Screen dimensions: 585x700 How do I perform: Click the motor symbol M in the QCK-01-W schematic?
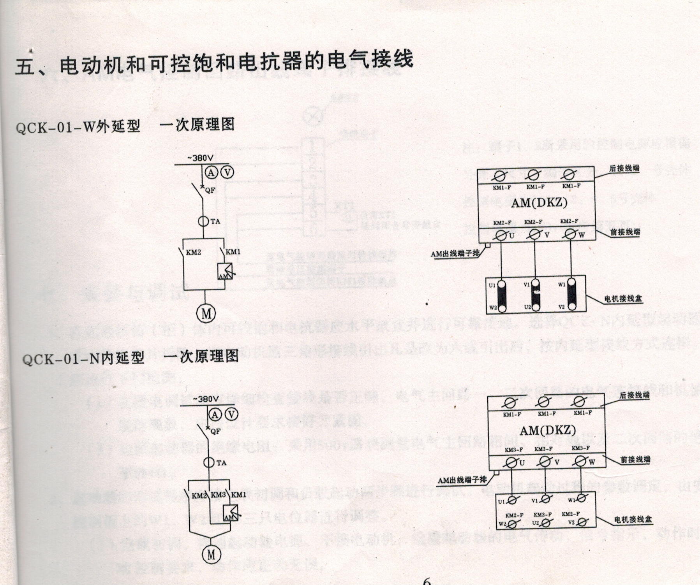coord(206,313)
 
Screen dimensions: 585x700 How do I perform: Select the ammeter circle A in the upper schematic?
coord(211,172)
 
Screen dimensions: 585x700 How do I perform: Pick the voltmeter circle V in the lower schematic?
coord(231,415)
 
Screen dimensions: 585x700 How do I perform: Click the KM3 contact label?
coord(219,495)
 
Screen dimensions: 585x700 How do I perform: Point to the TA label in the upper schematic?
coord(215,221)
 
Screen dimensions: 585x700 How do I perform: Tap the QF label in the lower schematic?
coord(215,432)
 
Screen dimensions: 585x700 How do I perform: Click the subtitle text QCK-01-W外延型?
coord(78,127)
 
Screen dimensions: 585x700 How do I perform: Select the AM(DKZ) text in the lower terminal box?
coord(547,430)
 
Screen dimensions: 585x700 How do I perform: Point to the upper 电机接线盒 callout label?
coord(623,299)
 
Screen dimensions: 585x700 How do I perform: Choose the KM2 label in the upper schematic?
coord(194,252)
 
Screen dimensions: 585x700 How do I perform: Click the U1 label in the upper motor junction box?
coord(492,285)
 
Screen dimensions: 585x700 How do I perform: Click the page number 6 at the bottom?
coord(427,581)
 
